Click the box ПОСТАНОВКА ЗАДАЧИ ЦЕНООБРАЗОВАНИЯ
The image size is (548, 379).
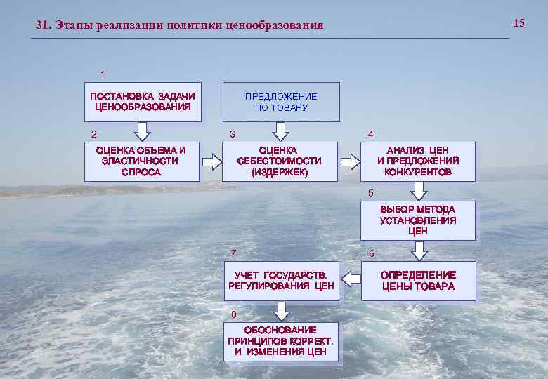click(143, 102)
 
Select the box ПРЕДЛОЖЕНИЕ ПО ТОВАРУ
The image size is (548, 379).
click(281, 102)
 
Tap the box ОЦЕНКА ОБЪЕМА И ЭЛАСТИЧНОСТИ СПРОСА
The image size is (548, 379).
click(141, 161)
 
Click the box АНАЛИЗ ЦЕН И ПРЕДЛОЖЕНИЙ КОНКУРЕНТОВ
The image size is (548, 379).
click(418, 161)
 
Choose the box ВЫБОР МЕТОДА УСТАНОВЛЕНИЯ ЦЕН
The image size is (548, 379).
click(418, 220)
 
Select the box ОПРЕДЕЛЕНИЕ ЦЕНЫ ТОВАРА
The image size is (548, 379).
click(418, 281)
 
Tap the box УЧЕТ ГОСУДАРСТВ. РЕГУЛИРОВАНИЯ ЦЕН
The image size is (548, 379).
click(281, 281)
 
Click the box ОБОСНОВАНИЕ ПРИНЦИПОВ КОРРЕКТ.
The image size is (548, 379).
click(281, 341)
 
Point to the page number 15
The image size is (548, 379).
click(519, 23)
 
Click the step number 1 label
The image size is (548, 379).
click(103, 74)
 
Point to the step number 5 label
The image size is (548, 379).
click(372, 193)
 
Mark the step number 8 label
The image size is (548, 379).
click(234, 314)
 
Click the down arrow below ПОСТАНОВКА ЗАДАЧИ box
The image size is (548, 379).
click(143, 131)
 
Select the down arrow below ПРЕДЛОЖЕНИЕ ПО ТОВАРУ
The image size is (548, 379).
click(281, 131)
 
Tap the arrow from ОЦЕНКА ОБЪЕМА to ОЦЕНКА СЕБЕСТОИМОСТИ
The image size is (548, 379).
click(211, 162)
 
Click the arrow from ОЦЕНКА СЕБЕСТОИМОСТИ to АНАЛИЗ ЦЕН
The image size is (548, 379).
click(349, 162)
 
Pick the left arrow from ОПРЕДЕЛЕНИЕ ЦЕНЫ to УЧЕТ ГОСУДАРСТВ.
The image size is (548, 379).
click(350, 281)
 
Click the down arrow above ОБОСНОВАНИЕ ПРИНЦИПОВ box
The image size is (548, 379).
click(281, 311)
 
